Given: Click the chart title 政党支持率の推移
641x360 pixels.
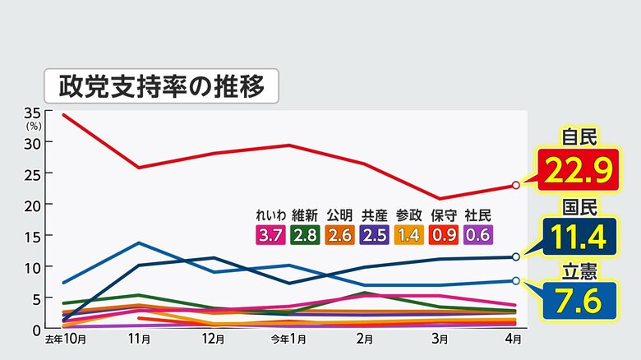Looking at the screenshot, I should (161, 85).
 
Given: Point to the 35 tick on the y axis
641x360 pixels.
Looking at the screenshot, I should (33, 112).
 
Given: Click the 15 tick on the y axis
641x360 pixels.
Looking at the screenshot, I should (33, 235).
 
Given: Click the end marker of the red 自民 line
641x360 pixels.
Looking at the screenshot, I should (515, 186).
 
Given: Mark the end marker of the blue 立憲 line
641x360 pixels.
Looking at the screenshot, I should (515, 281).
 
